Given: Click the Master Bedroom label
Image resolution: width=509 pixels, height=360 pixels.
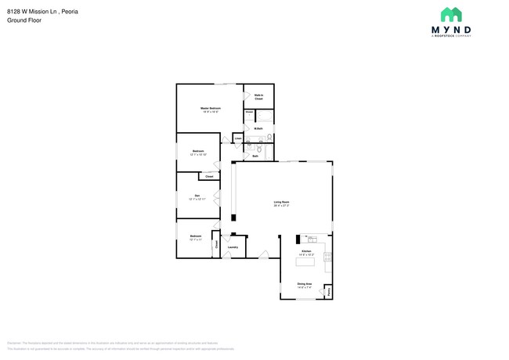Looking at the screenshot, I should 210,108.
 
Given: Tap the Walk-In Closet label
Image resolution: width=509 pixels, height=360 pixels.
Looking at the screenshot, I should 258,97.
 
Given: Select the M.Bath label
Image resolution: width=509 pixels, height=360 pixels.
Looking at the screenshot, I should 258,128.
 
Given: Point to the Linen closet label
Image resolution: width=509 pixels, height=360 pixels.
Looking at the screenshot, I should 238,139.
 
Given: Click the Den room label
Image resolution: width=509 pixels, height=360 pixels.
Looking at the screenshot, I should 197,196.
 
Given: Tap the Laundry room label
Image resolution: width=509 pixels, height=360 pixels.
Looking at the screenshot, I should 233,247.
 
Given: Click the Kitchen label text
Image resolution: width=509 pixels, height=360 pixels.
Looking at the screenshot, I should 306,252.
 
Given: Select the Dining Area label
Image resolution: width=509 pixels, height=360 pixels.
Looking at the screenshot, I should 304,284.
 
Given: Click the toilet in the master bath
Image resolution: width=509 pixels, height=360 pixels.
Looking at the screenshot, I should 269,138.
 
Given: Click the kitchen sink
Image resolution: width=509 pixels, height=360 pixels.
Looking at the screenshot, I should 311,237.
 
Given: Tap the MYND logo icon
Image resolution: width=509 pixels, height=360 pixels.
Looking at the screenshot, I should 450,14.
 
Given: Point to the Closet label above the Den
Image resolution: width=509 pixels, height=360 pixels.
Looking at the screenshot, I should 209,177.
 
